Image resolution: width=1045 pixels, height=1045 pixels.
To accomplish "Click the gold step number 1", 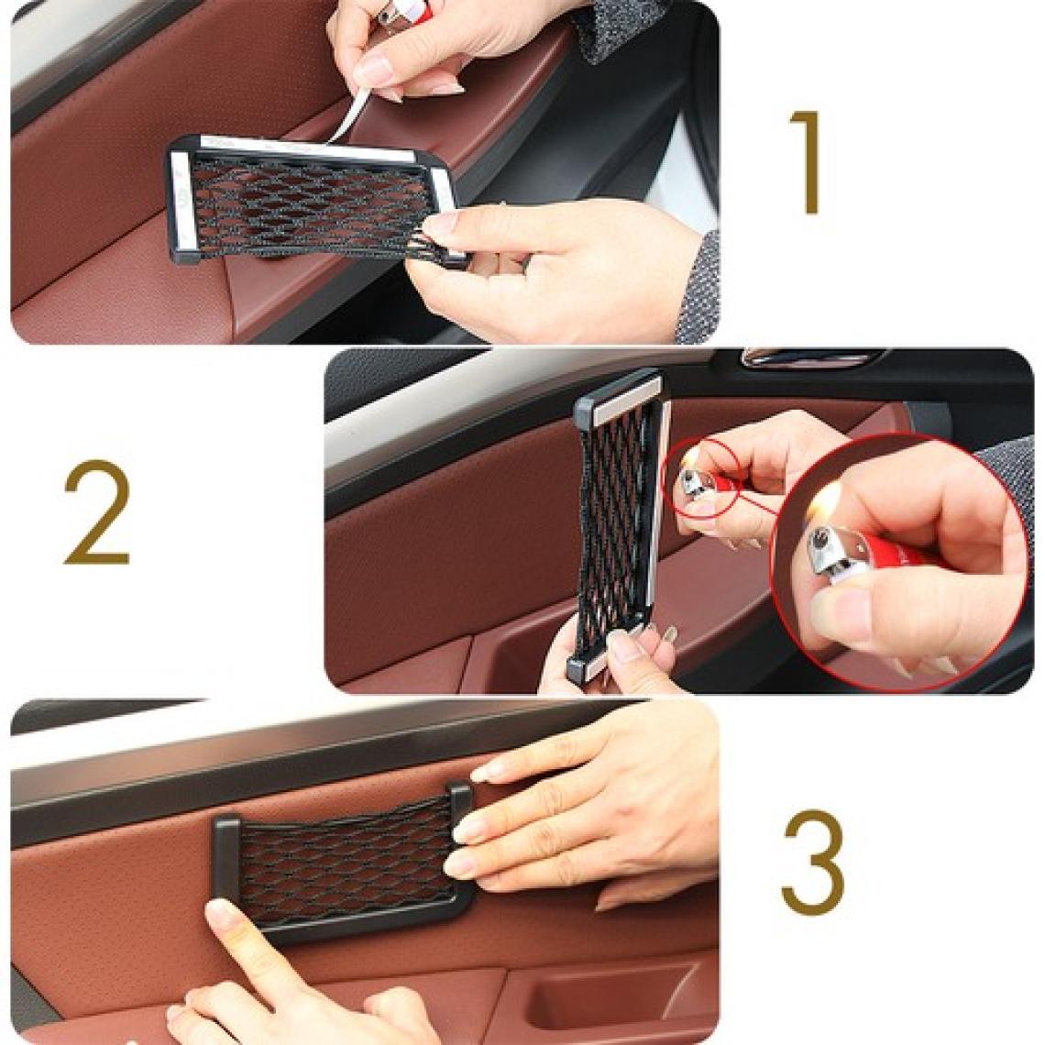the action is tap(806, 162).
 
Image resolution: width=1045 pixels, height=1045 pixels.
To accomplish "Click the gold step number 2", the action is tap(96, 511).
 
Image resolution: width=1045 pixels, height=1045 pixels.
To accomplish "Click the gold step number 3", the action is tap(812, 863).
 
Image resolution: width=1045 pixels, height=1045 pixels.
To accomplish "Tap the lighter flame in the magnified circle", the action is tap(826, 504).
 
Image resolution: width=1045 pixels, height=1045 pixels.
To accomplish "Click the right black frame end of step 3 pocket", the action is tap(460, 802).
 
